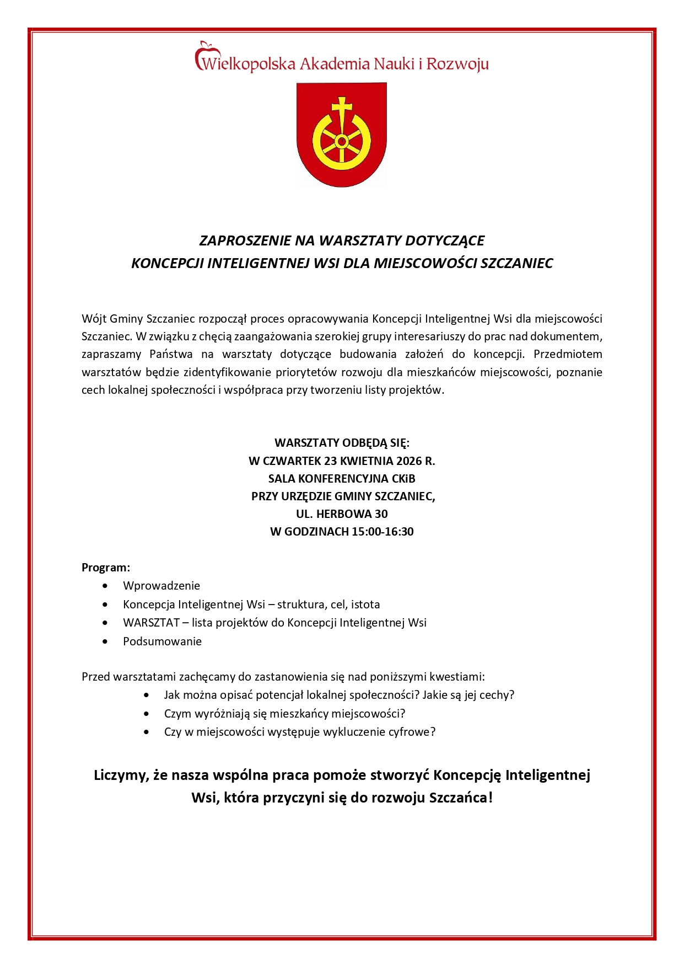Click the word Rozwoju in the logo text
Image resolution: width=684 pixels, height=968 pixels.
tap(457, 64)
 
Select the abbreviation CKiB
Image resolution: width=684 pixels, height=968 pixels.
tap(403, 478)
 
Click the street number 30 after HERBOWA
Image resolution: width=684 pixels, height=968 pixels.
tap(381, 514)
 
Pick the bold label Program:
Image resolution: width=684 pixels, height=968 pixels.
tap(106, 568)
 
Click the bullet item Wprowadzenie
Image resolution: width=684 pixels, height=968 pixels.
tap(161, 586)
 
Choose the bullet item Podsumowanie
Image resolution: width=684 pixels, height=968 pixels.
tap(162, 641)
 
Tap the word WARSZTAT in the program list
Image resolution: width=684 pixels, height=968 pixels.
tap(151, 623)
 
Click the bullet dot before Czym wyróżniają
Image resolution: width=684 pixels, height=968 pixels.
tap(146, 714)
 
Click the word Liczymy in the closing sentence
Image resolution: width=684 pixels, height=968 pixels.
tap(120, 775)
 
